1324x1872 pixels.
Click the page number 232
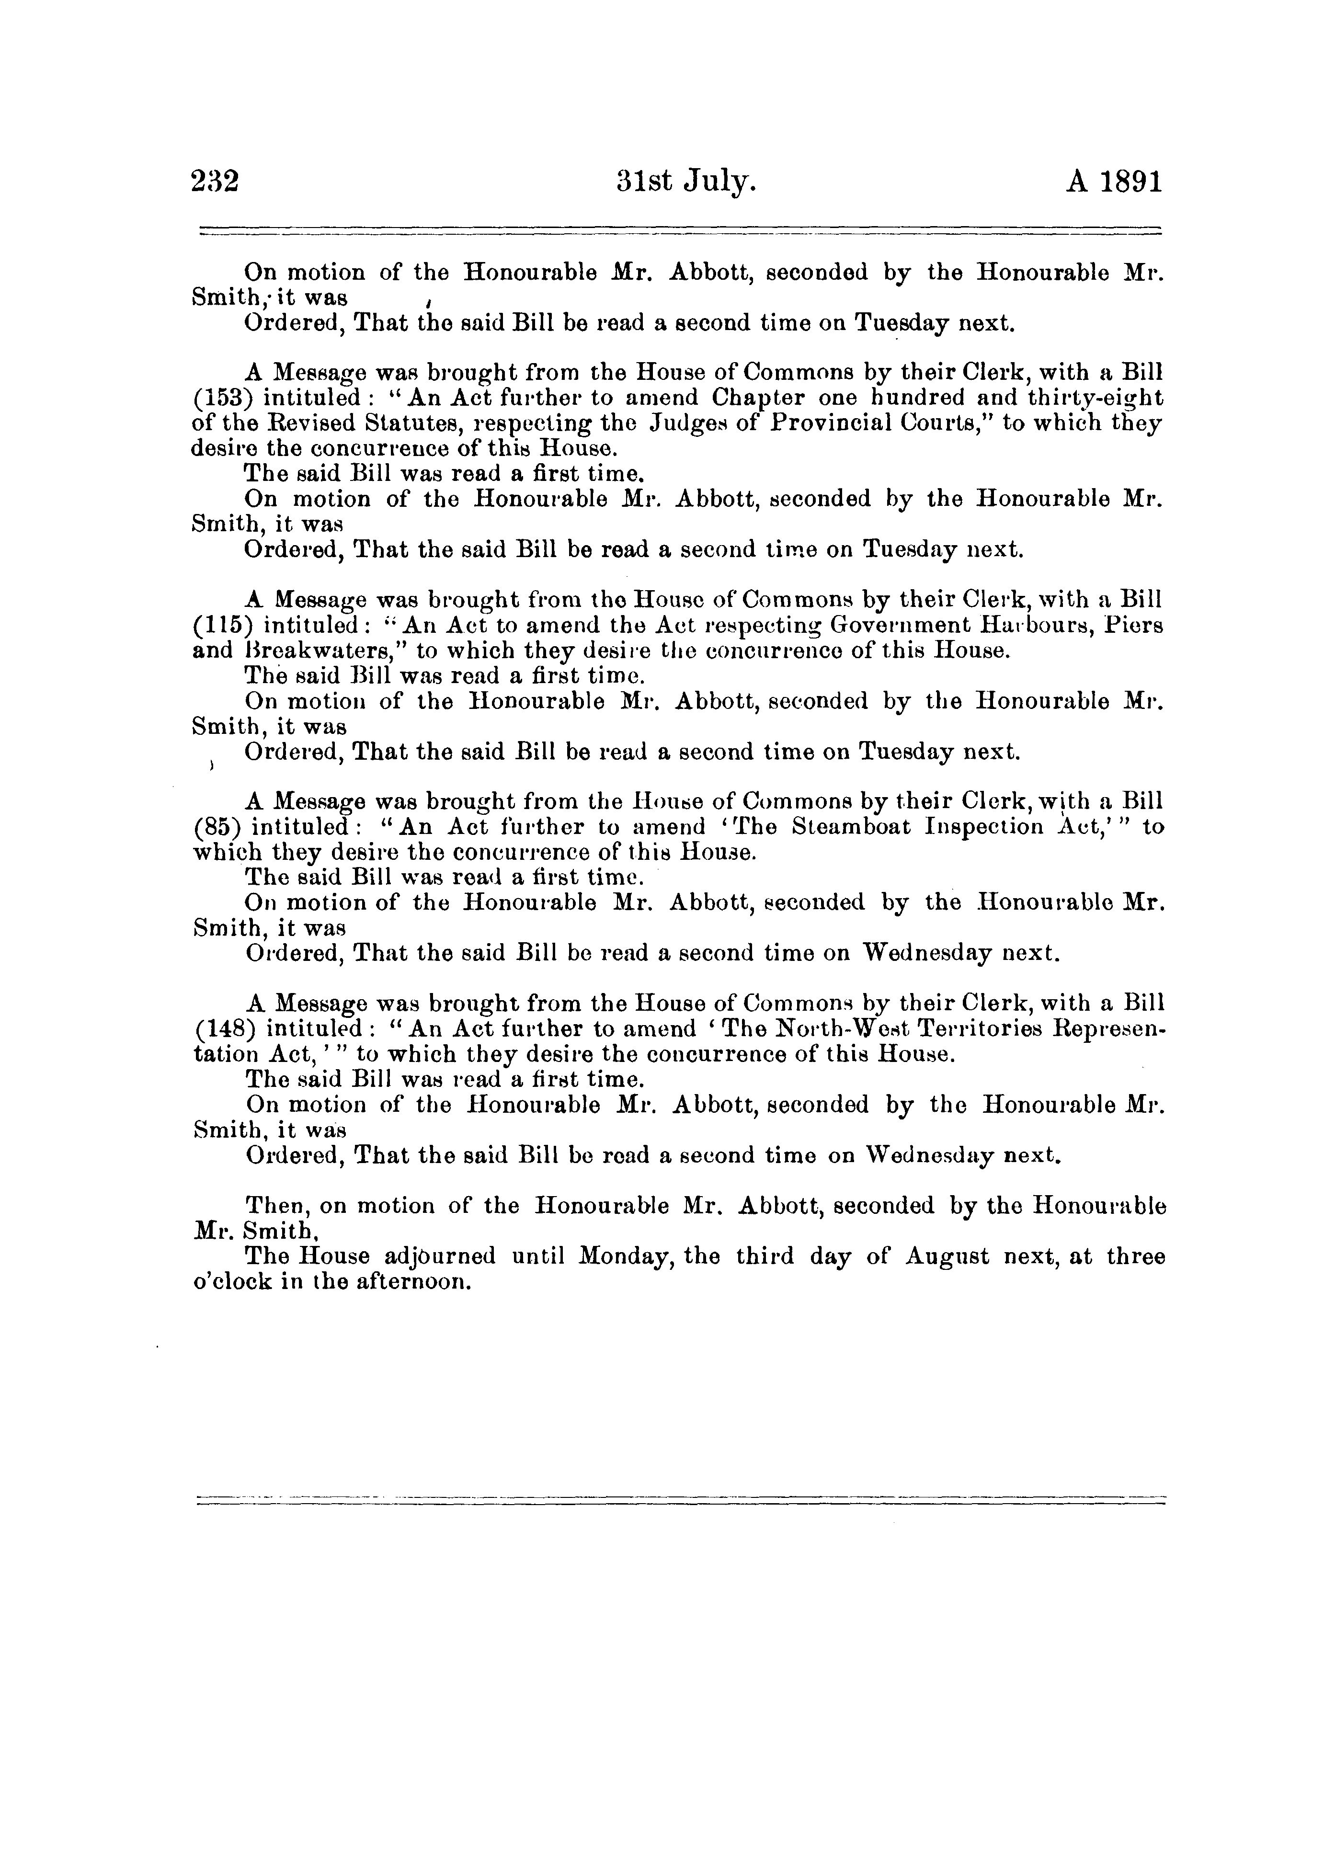tap(215, 181)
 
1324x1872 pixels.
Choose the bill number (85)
tap(217, 828)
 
